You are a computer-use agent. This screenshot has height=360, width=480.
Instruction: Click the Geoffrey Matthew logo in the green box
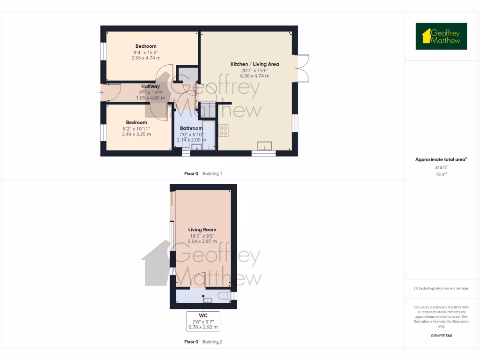441,36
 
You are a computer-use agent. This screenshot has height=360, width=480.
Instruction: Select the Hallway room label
150,86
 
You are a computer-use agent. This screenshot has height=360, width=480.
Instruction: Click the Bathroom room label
191,128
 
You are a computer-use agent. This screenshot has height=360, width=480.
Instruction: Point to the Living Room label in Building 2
202,230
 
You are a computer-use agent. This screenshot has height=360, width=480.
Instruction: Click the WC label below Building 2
203,315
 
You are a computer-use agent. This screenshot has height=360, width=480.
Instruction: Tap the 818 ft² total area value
441,167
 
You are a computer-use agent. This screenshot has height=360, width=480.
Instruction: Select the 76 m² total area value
441,174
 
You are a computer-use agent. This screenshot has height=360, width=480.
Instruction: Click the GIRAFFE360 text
441,336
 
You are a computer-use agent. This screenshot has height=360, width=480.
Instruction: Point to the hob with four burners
223,130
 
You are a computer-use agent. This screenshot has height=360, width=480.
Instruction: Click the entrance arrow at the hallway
101,93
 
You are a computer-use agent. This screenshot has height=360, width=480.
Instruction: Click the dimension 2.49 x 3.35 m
136,134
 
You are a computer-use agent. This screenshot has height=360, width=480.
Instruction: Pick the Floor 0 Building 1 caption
203,173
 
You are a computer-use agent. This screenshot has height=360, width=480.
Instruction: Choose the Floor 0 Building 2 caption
203,342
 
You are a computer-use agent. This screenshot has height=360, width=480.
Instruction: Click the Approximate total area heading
441,159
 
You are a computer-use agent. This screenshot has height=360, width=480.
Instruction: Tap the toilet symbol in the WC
223,295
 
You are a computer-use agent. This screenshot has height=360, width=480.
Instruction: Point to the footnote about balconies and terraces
441,288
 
